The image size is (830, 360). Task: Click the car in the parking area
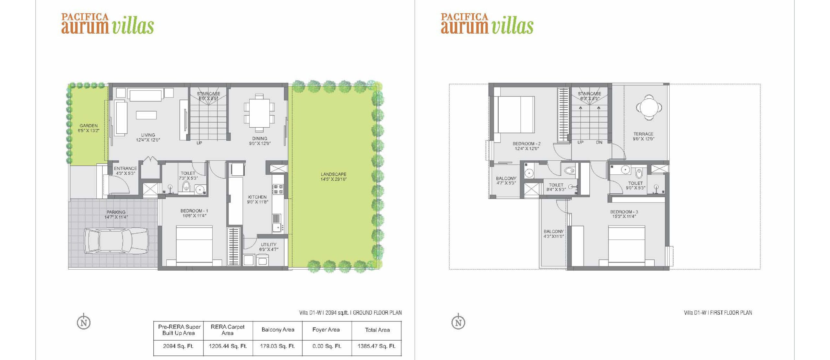coord(116,241)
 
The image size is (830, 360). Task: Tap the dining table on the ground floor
coord(259,113)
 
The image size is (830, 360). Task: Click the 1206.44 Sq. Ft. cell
coord(228,346)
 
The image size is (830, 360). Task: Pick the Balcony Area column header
coord(278,330)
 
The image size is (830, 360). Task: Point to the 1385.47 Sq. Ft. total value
coord(376,346)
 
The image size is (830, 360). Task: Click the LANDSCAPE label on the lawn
coord(334,174)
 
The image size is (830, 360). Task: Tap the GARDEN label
coord(89,125)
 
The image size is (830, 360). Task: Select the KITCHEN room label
coord(257,197)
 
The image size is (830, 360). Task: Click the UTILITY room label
coord(269,245)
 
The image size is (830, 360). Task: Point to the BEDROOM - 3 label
coord(624,212)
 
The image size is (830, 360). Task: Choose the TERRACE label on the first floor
coord(644,134)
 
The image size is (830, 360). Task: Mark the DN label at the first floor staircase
coord(599,142)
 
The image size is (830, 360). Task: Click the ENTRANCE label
coord(125,168)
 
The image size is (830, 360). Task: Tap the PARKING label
coord(116,212)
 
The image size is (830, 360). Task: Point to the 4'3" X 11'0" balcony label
coord(554,236)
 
